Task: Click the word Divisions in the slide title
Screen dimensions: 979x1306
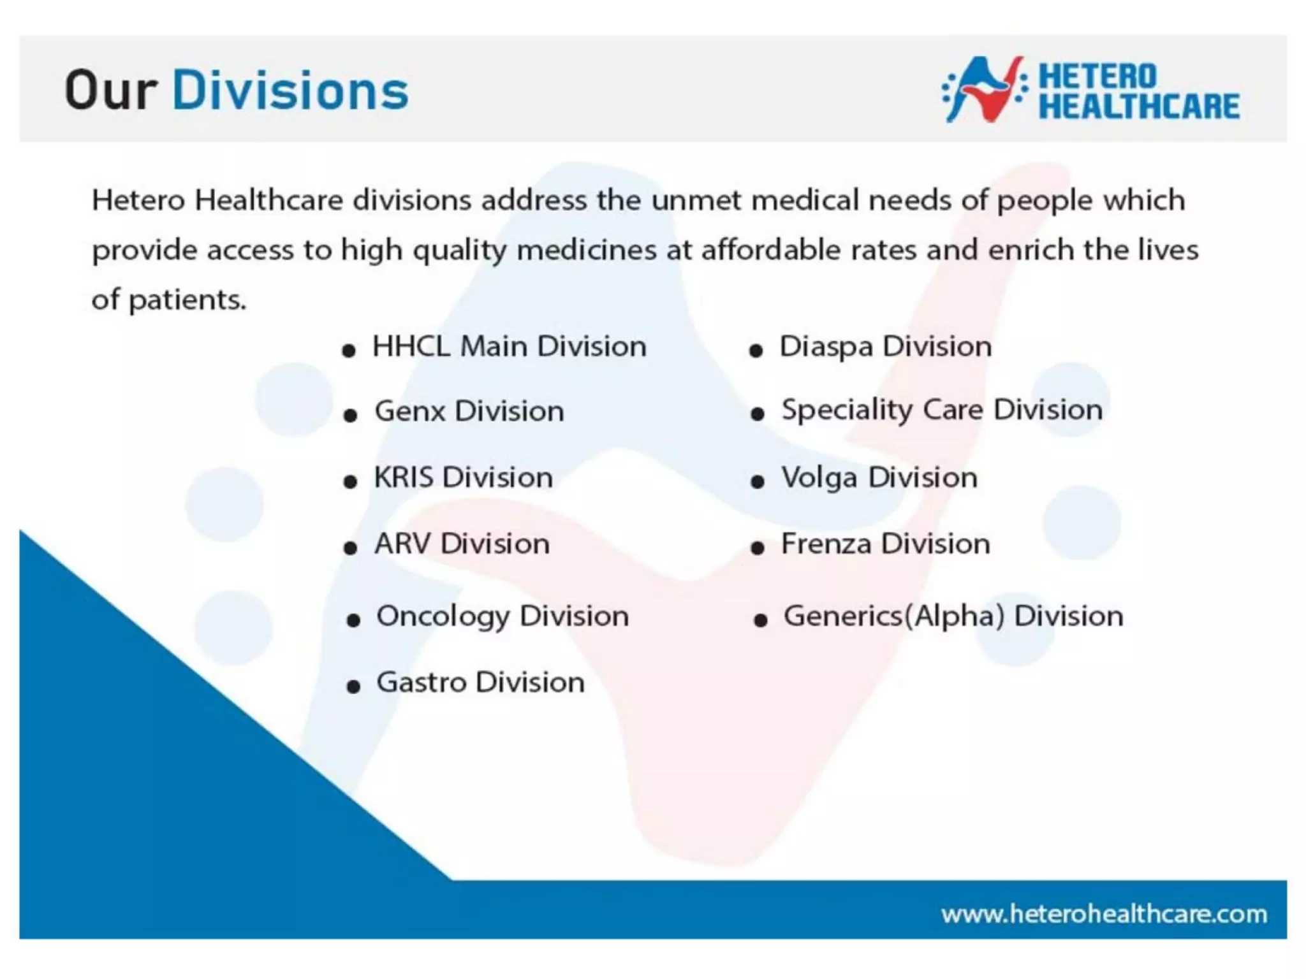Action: [290, 91]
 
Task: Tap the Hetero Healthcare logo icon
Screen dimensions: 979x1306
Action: [985, 89]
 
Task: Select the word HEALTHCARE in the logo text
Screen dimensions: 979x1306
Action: [1139, 106]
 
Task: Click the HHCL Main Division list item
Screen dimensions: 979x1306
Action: [509, 347]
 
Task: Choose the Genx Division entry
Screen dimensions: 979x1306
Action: [469, 411]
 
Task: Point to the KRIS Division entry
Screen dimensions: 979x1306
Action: [463, 477]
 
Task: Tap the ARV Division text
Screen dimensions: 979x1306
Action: [462, 544]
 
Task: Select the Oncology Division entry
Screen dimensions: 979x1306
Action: [503, 616]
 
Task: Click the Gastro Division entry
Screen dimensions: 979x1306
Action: [480, 683]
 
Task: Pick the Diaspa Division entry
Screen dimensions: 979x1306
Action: [885, 347]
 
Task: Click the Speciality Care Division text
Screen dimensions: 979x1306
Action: [942, 410]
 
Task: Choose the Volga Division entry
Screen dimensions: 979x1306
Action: [879, 477]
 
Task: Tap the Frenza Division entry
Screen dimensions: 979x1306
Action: [885, 544]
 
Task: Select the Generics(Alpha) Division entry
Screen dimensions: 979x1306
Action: [953, 616]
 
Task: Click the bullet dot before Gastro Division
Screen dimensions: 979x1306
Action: [353, 686]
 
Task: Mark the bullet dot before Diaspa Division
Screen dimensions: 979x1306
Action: [756, 351]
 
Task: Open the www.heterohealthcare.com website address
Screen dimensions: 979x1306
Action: [1104, 914]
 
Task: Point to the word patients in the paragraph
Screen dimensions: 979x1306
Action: [187, 300]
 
